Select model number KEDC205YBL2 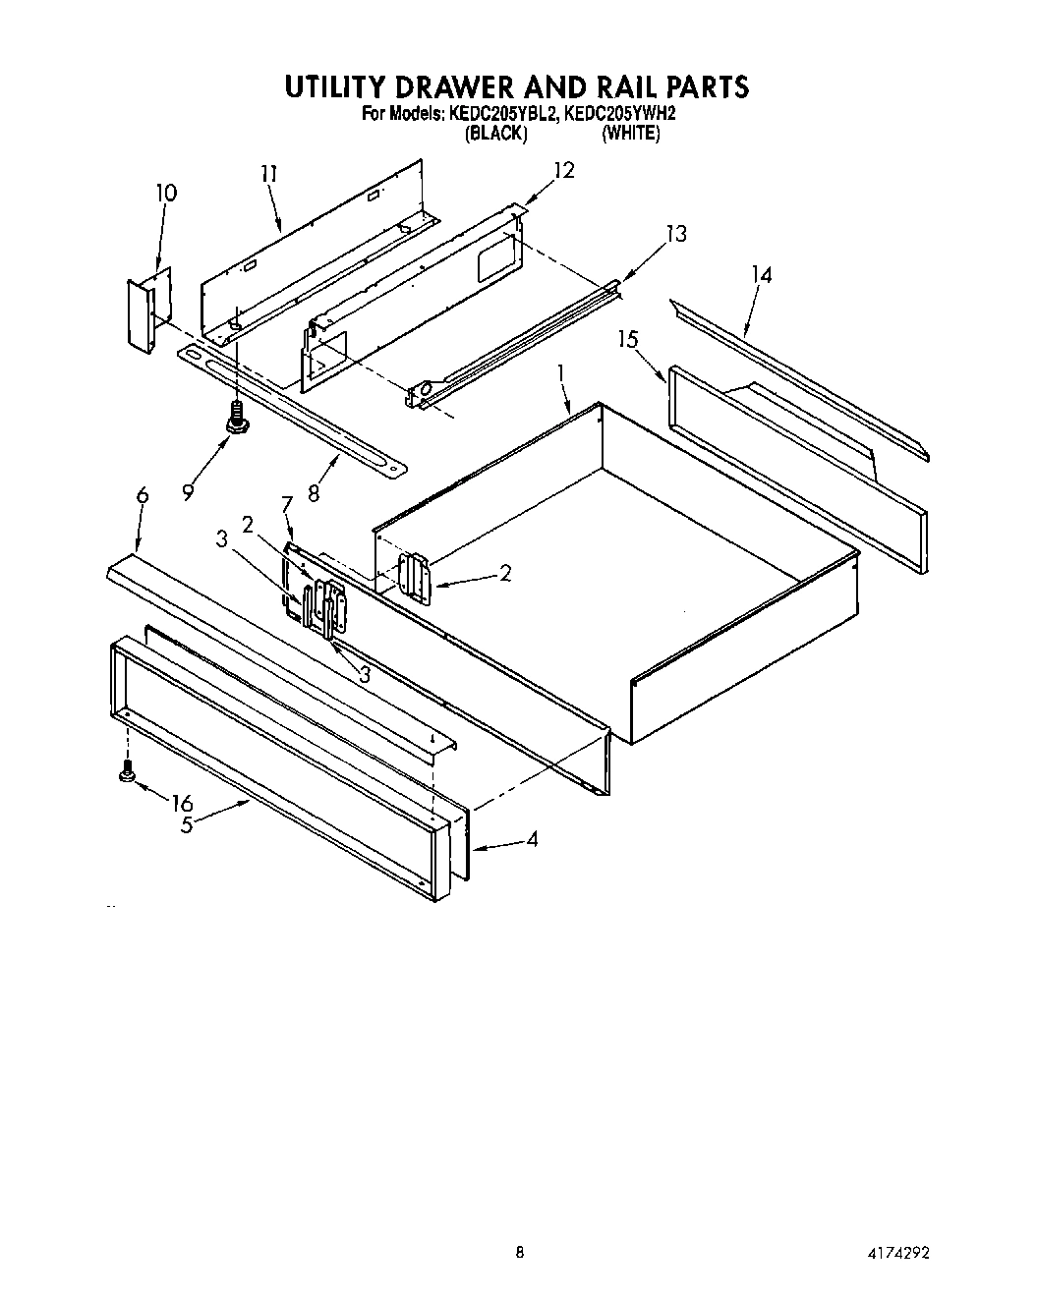(x=503, y=114)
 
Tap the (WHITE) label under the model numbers (x=630, y=133)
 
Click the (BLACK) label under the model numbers (x=495, y=133)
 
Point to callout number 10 (x=166, y=193)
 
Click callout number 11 (x=268, y=174)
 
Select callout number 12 (x=562, y=170)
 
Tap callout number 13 (x=675, y=234)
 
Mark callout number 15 (x=628, y=339)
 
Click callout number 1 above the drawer (x=561, y=372)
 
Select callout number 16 (x=182, y=803)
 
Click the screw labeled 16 (x=126, y=773)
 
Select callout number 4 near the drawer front (x=532, y=840)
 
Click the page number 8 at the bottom (x=519, y=1252)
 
